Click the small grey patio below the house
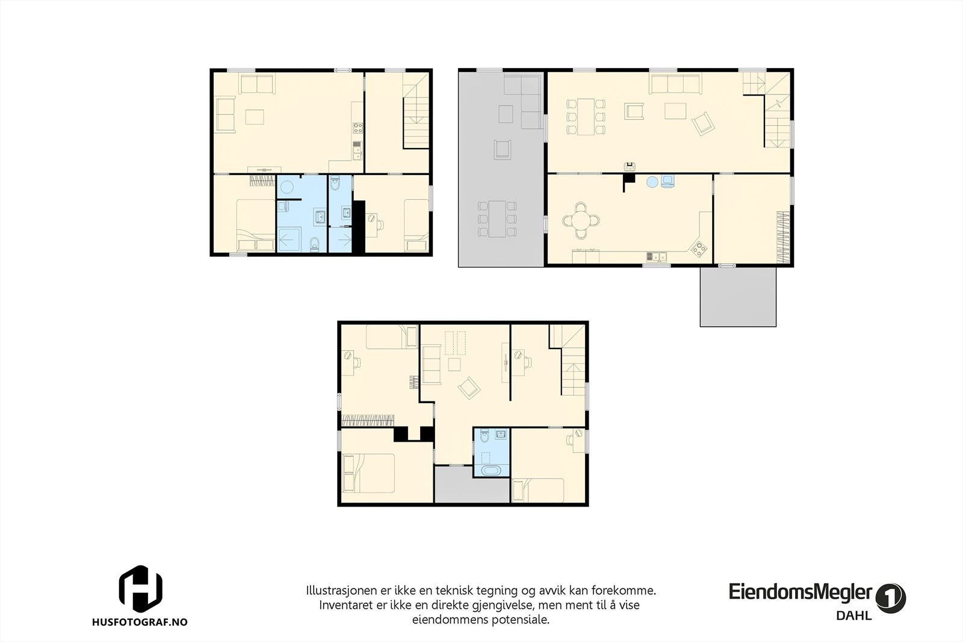tap(738, 297)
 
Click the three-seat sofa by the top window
tap(675, 84)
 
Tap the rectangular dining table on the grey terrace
tap(497, 218)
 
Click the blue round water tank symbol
tap(652, 181)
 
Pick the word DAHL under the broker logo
tap(853, 616)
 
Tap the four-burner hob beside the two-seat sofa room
tap(358, 127)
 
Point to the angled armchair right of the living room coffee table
tap(702, 125)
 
